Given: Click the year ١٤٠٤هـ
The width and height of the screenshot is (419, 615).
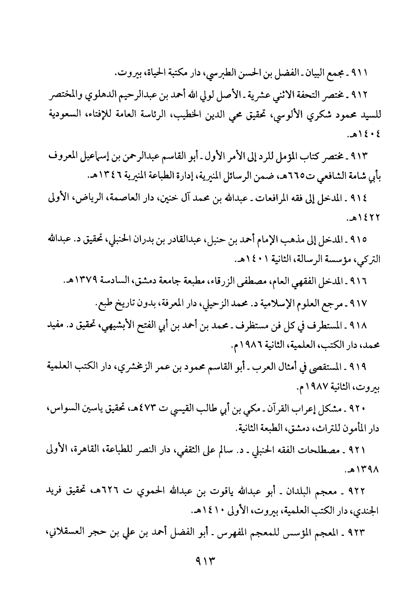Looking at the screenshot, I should (365, 136).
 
